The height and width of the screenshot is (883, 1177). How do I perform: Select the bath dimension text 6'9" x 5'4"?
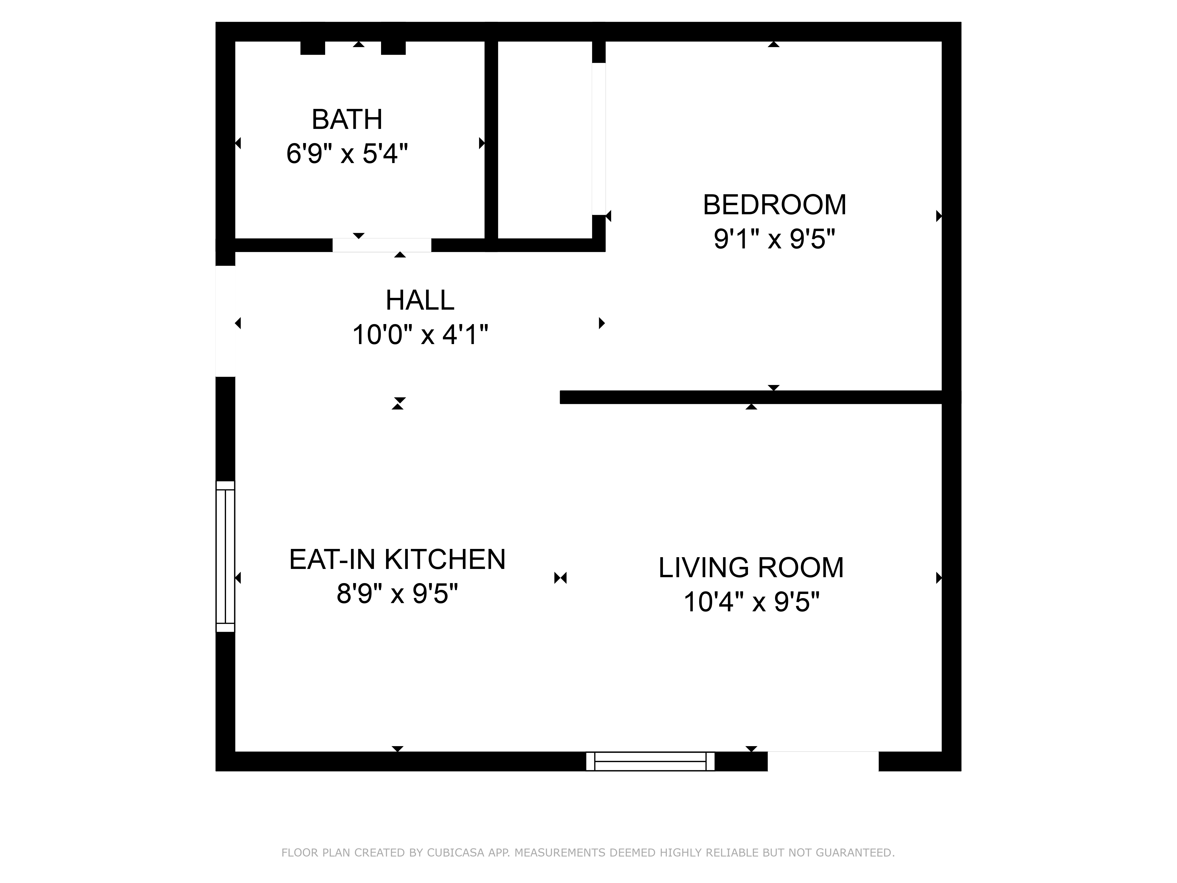click(347, 154)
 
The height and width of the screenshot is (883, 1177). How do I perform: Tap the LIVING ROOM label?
click(751, 567)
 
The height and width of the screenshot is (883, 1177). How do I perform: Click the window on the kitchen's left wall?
click(225, 556)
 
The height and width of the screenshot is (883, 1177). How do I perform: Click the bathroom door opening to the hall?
click(382, 245)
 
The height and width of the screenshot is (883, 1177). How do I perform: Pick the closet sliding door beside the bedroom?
click(599, 139)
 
